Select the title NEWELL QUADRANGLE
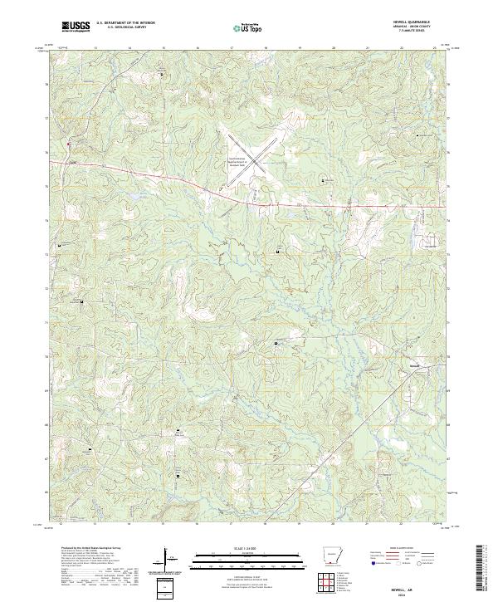pyautogui.click(x=417, y=23)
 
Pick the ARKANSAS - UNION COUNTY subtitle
pyautogui.click(x=417, y=27)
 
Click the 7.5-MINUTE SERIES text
pyautogui.click(x=417, y=32)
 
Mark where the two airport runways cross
pyautogui.click(x=248, y=153)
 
